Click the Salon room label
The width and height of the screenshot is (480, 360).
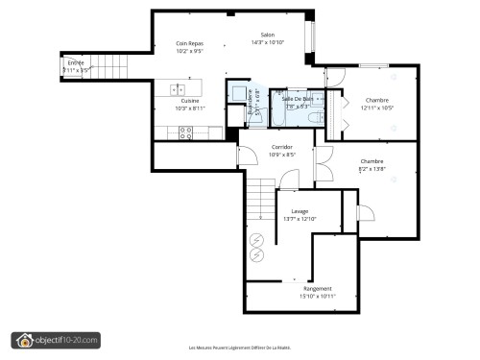pyautogui.click(x=267, y=35)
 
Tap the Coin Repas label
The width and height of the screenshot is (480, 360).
pyautogui.click(x=189, y=43)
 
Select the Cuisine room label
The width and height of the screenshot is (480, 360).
pyautogui.click(x=189, y=101)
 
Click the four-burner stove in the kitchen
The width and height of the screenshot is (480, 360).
pyautogui.click(x=187, y=133)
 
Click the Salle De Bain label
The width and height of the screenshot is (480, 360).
pyautogui.click(x=296, y=99)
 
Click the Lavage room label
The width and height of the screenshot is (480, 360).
pyautogui.click(x=300, y=211)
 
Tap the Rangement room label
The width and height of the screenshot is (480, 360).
pyautogui.click(x=317, y=288)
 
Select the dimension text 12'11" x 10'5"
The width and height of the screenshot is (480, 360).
pyautogui.click(x=376, y=108)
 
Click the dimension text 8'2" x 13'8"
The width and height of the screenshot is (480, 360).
pyautogui.click(x=372, y=168)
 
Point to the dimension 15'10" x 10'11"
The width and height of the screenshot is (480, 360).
pyautogui.click(x=317, y=296)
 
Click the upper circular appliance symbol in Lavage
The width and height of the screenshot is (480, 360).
pyautogui.click(x=256, y=239)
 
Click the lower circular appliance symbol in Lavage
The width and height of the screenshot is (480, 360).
pyautogui.click(x=256, y=256)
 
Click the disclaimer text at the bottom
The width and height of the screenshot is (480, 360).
pyautogui.click(x=239, y=348)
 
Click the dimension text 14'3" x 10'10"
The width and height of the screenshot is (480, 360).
pyautogui.click(x=267, y=42)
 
